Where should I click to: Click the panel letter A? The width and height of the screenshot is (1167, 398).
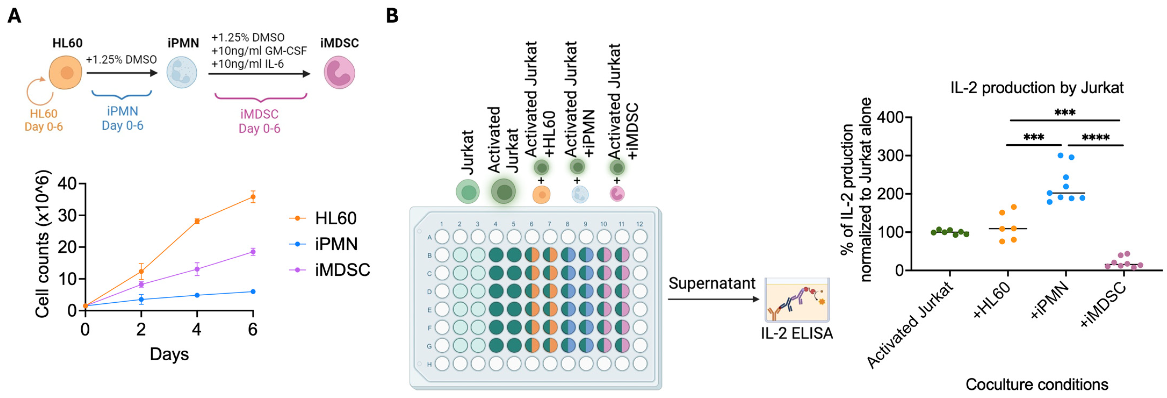pyautogui.click(x=15, y=16)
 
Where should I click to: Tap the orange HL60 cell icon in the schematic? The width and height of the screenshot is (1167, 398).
pyautogui.click(x=66, y=73)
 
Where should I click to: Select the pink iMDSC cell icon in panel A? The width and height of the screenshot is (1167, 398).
pyautogui.click(x=339, y=73)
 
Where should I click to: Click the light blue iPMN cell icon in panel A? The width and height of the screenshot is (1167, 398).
pyautogui.click(x=182, y=73)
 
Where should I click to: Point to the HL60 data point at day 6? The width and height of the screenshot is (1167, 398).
pyautogui.click(x=253, y=197)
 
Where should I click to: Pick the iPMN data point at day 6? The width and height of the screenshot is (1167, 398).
pyautogui.click(x=253, y=292)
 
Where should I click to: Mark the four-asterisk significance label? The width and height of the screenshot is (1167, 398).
pyautogui.click(x=1095, y=137)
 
